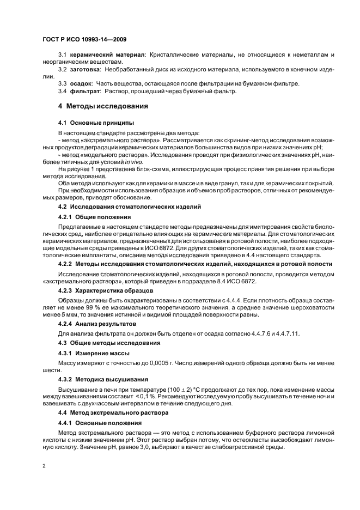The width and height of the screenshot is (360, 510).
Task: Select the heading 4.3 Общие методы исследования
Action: [x=109, y=343]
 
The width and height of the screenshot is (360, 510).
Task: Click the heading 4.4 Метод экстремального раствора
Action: [x=109, y=414]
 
